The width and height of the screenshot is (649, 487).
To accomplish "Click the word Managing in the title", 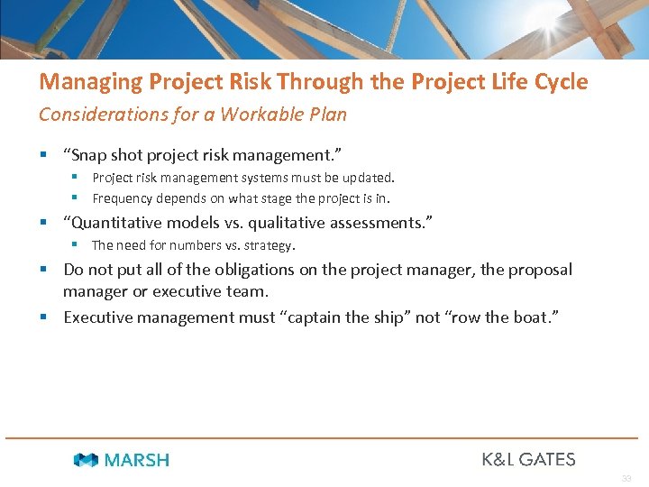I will [x=78, y=83].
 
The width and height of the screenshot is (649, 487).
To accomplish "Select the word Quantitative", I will [x=122, y=223].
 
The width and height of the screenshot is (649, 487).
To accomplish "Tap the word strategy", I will [x=271, y=245].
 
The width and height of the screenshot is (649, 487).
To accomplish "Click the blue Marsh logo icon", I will [x=86, y=460].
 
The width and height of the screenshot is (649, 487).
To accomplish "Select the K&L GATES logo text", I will [x=528, y=459].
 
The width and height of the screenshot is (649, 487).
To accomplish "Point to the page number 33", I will [x=626, y=478].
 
